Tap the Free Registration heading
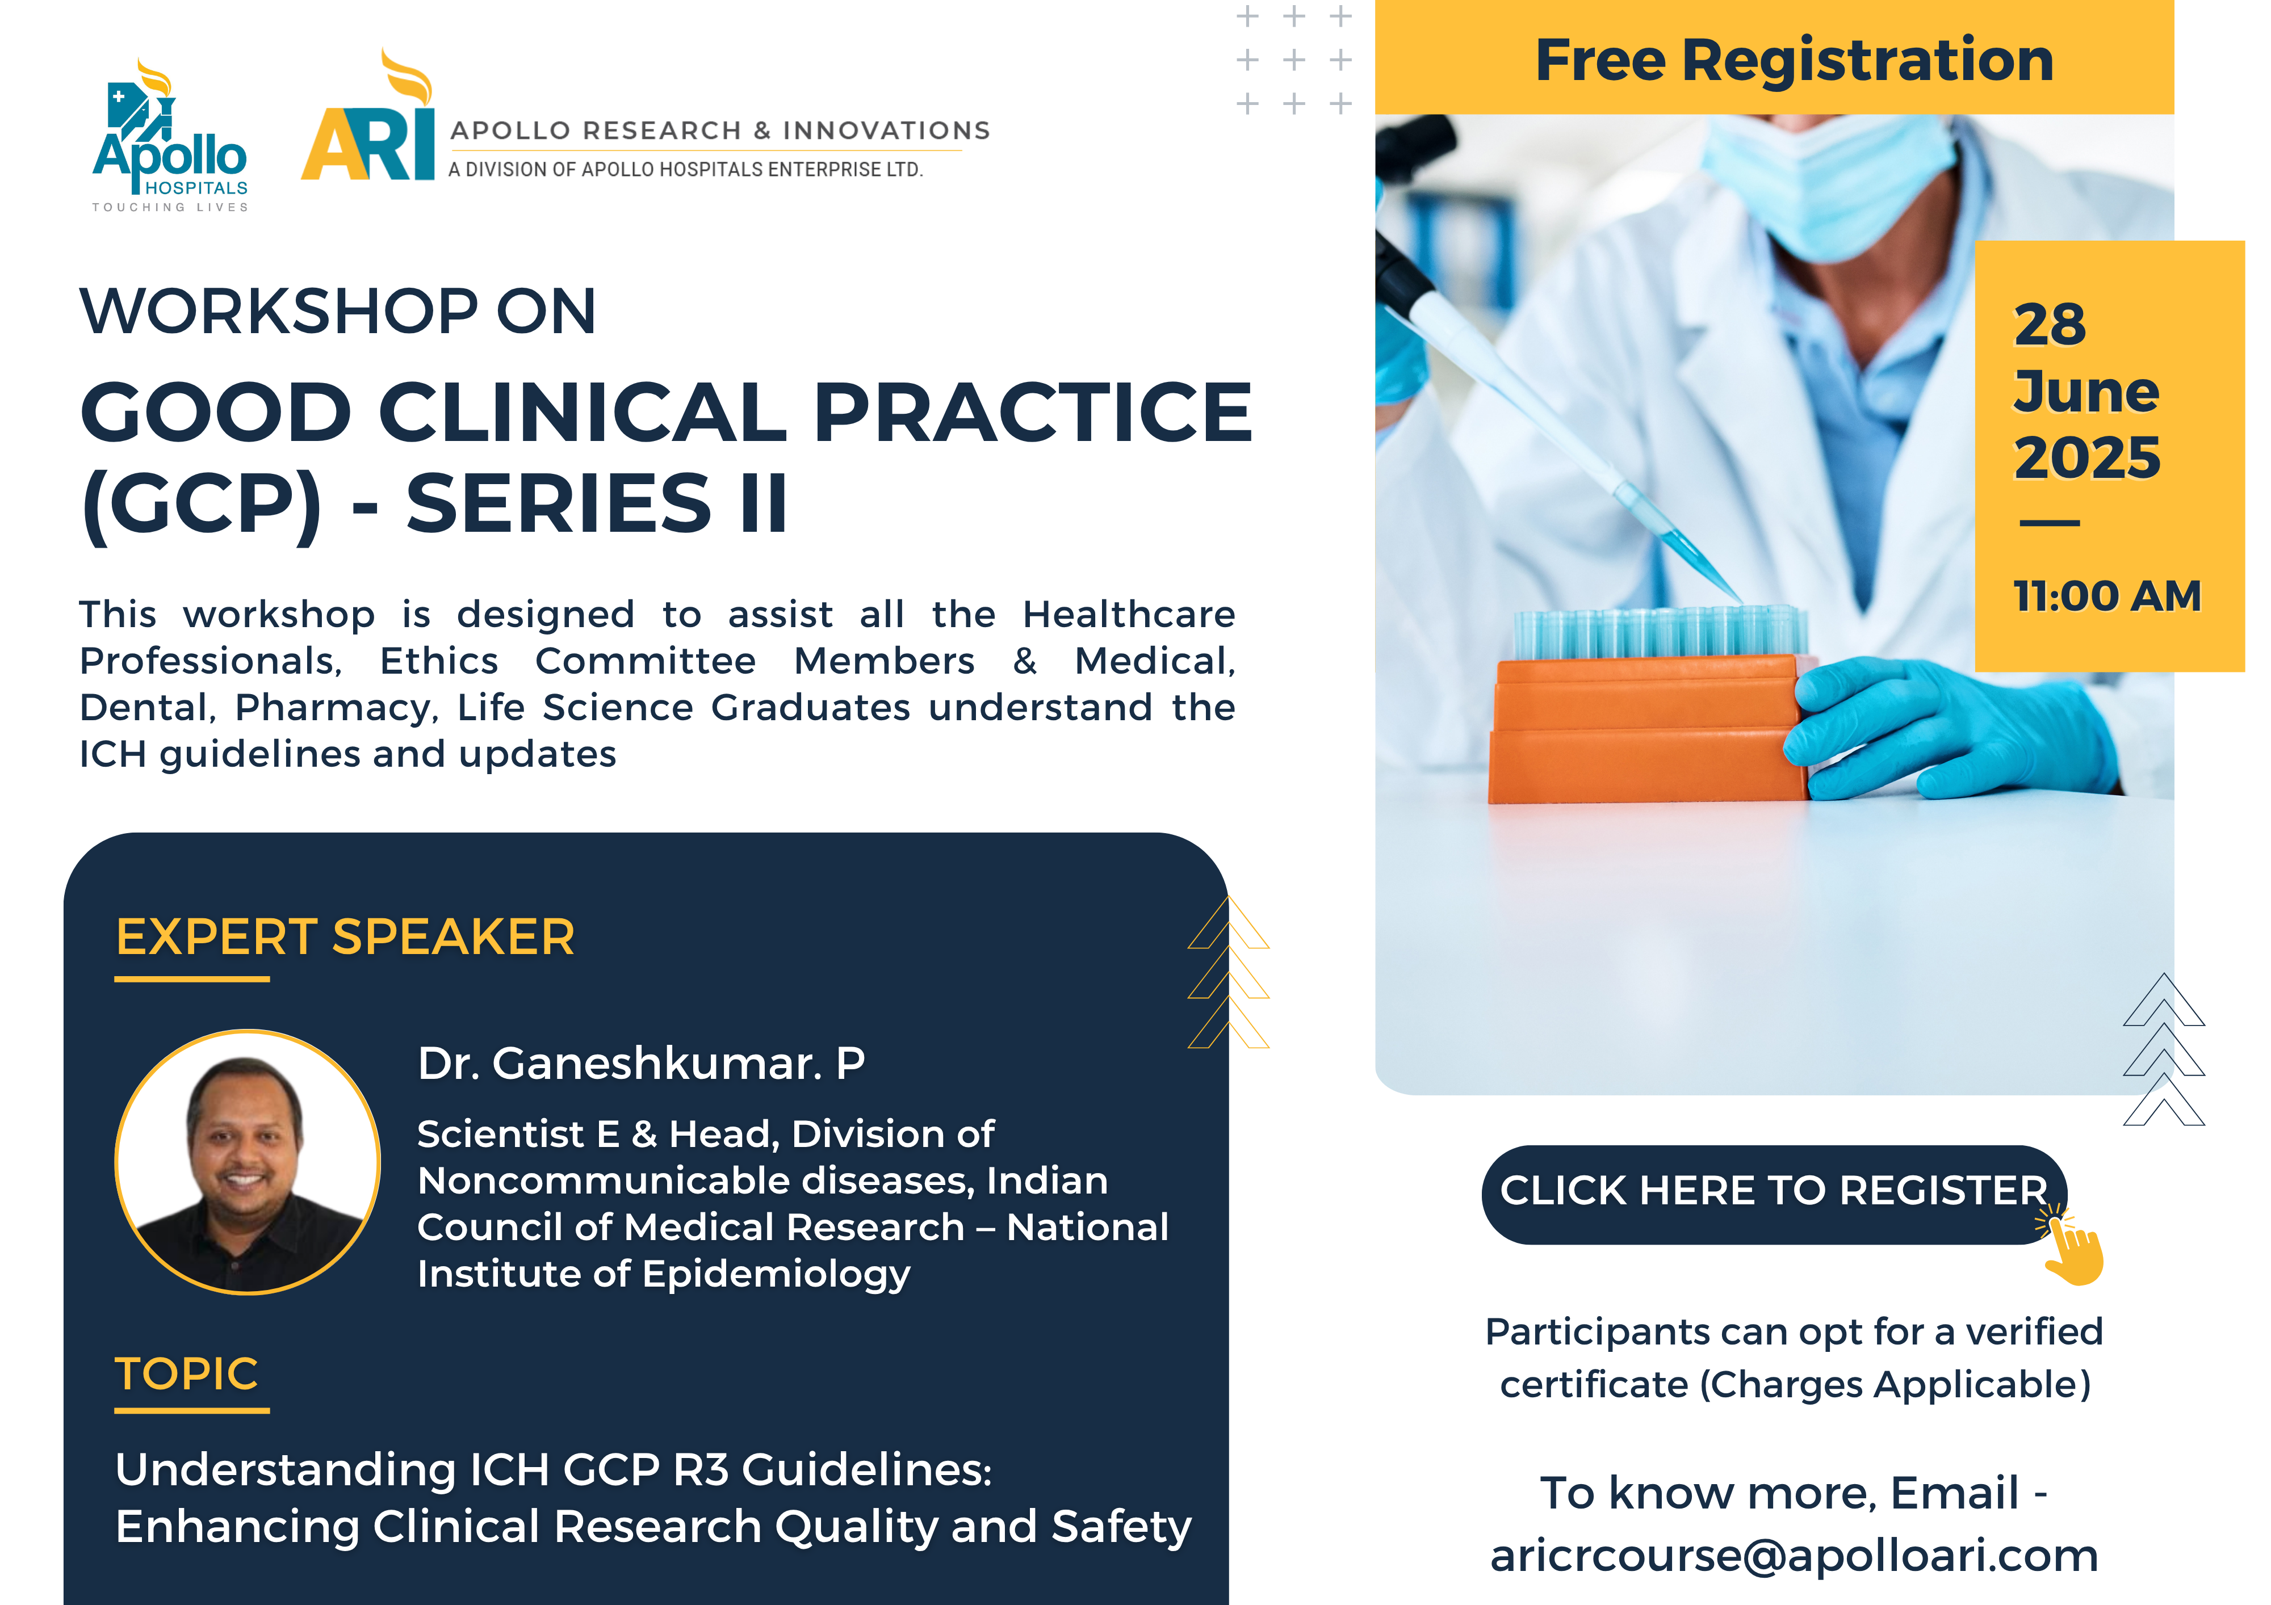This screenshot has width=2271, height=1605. pos(1794,60)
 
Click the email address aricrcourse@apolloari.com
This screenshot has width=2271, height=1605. pos(1794,1556)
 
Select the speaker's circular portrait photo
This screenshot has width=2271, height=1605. pos(248,1162)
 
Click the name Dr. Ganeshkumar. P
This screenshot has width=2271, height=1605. pos(641,1063)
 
